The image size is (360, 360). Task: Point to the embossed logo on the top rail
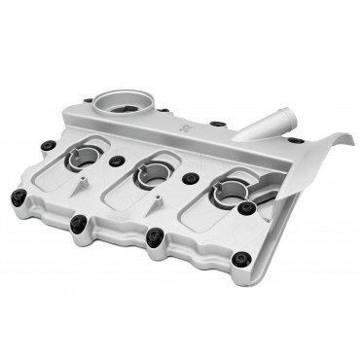(x=185, y=127)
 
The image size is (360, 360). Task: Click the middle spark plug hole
(x=153, y=173)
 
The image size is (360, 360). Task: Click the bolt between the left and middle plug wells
(x=118, y=161)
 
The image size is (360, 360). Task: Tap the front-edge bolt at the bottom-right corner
(x=238, y=260)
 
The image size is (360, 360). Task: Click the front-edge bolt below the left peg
(x=78, y=223)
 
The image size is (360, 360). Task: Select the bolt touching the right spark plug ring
(x=246, y=207)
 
